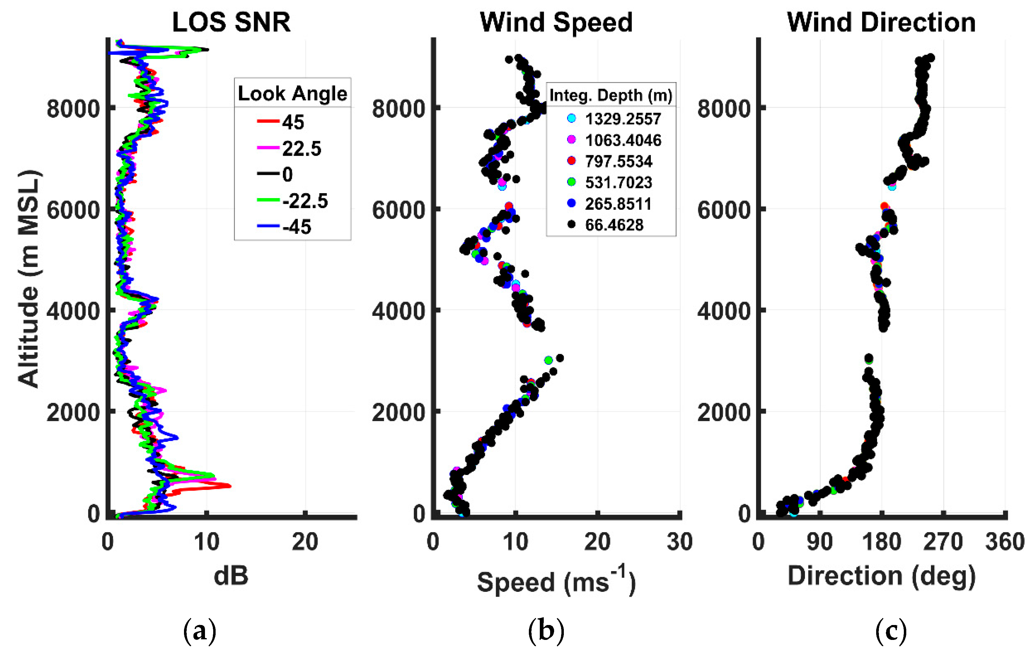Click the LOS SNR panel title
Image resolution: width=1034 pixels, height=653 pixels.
231,22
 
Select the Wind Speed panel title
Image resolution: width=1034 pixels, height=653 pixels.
556,22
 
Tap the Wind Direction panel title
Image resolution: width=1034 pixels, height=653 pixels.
881,22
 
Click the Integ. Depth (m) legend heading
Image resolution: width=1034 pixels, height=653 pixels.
611,95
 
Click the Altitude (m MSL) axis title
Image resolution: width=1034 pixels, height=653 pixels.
29,279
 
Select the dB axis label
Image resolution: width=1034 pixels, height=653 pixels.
231,576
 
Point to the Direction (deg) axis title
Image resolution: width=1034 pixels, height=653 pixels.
881,576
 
